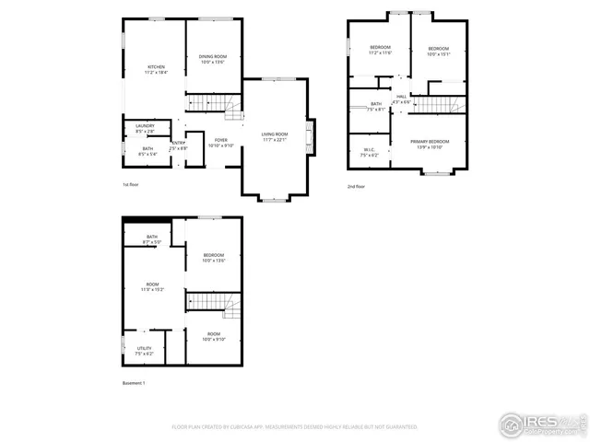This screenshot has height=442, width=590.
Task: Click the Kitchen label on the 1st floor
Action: point(157,69)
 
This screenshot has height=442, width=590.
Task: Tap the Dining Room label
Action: point(212,60)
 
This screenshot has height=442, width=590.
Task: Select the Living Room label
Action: point(275,136)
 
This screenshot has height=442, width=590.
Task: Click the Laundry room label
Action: point(145,129)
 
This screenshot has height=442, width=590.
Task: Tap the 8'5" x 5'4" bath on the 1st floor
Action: point(147,151)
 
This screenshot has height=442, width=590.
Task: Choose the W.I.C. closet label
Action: point(369,153)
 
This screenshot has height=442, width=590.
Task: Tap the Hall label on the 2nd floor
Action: point(402,99)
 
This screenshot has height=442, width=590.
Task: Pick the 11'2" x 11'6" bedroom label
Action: point(381,50)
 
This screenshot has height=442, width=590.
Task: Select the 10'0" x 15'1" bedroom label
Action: point(437,51)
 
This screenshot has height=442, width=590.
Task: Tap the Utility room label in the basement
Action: point(145,350)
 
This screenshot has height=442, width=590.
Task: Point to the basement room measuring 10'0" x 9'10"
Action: point(214,336)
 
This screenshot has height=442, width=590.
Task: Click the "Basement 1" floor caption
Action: point(134,382)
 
